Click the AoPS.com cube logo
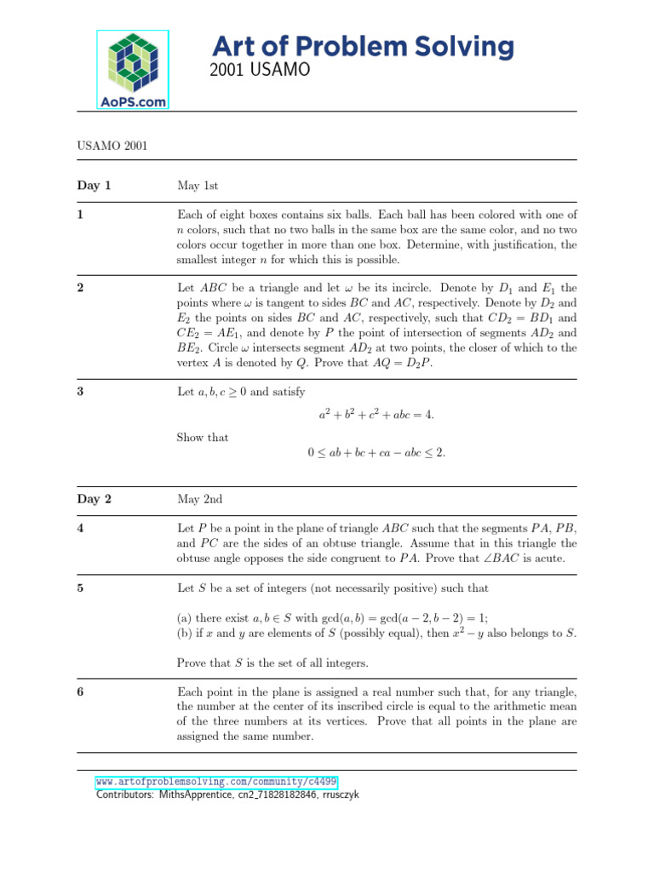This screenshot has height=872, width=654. click(x=133, y=69)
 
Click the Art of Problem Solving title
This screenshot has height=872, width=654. click(x=362, y=46)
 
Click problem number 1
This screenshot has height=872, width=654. click(x=79, y=215)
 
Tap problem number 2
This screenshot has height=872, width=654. click(x=79, y=288)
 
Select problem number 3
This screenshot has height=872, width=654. click(x=79, y=392)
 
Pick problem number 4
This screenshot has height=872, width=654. click(x=79, y=528)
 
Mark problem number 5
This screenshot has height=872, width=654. click(x=79, y=588)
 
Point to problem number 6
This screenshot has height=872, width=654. click(x=79, y=692)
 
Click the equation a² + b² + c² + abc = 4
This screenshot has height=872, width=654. click(x=376, y=415)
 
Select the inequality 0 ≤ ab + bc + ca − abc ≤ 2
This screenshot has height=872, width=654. click(x=376, y=453)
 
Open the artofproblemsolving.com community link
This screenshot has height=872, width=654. click(x=215, y=781)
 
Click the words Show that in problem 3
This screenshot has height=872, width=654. click(x=203, y=437)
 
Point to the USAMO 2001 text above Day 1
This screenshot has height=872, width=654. click(x=112, y=146)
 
